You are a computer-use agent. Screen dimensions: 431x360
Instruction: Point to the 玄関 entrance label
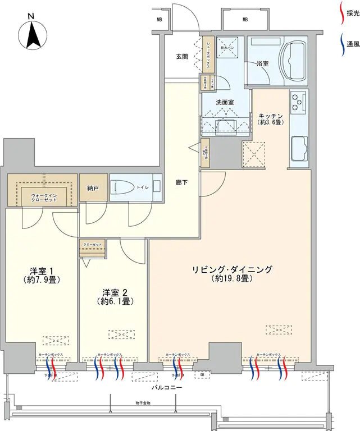pos(181,56)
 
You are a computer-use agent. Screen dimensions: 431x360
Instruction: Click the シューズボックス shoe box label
pos(207,54)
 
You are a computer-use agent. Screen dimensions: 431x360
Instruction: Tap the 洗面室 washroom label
pos(225,102)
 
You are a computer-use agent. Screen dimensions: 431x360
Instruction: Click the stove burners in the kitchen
pos(297,103)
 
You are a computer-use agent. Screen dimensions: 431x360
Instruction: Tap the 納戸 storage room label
pos(93,189)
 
